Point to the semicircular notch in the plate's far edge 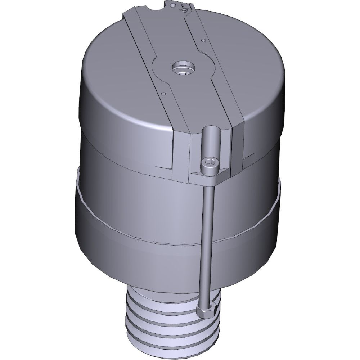click(x=156, y=6)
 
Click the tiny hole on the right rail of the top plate click(x=203, y=40)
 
